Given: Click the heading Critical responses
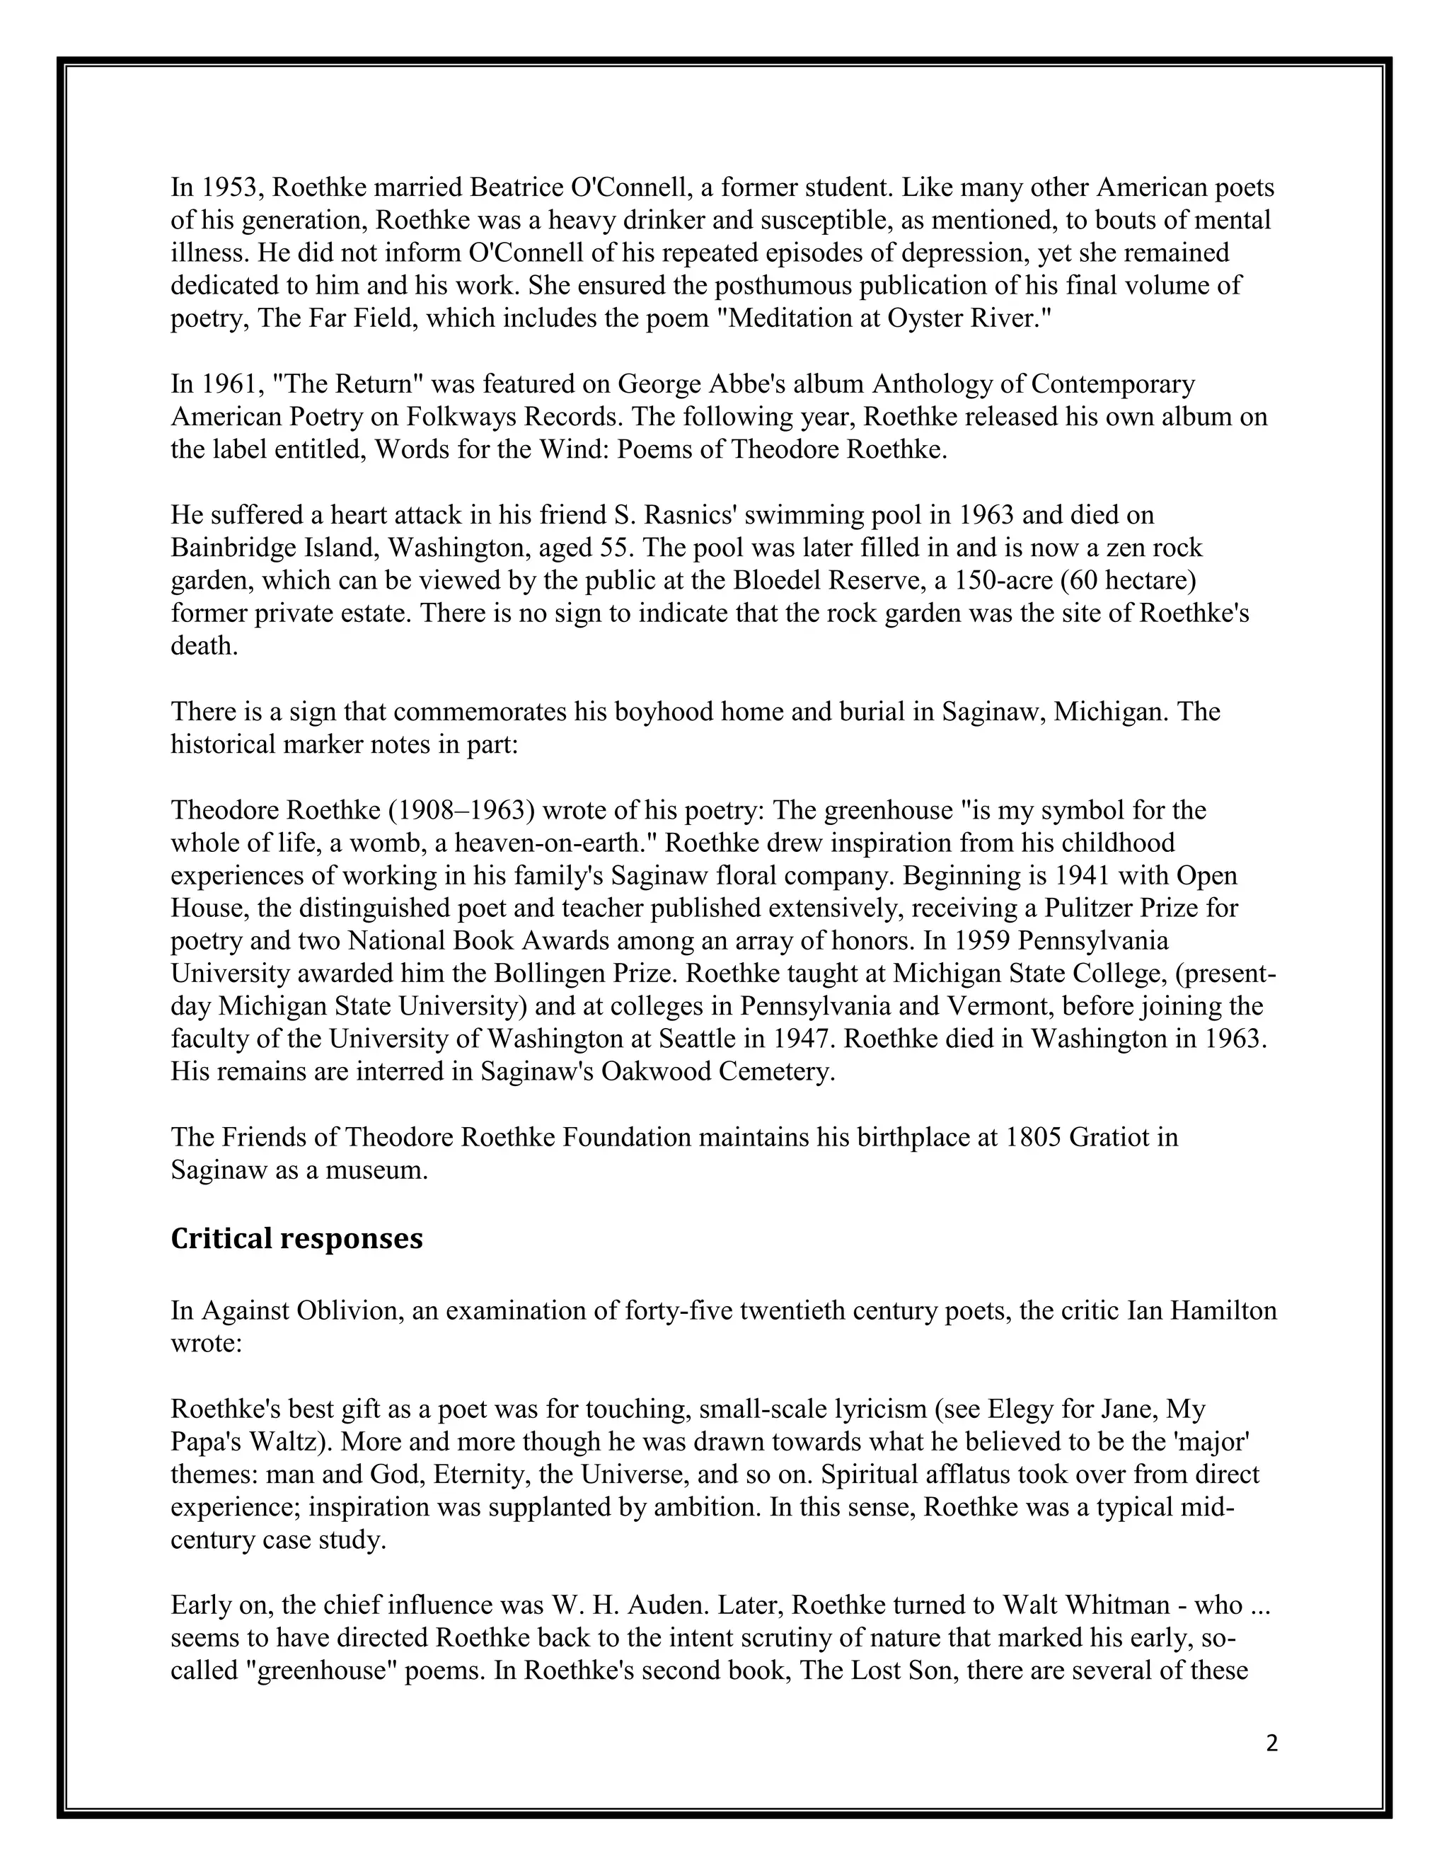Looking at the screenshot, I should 296,1239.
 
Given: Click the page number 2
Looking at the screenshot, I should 1271,1743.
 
